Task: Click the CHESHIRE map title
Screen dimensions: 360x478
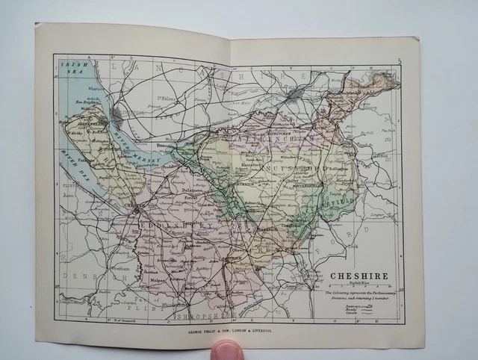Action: pos(360,276)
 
